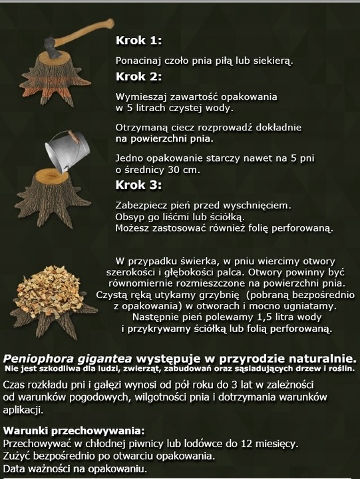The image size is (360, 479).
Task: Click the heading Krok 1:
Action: click(x=138, y=40)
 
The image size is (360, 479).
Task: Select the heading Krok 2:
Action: click(x=138, y=76)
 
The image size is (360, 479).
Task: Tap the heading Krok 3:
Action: click(x=138, y=184)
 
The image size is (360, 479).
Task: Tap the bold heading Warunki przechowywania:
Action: click(x=73, y=429)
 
